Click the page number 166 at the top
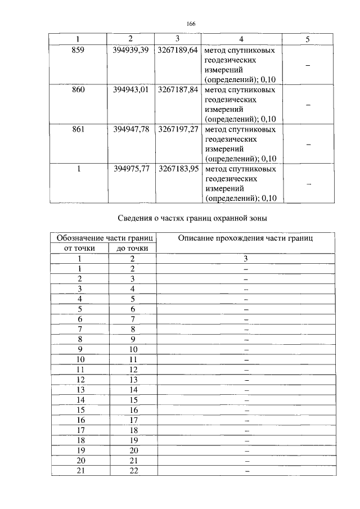pyautogui.click(x=190, y=24)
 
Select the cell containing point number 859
pyautogui.click(x=78, y=50)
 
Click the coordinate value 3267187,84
pyautogui.click(x=177, y=89)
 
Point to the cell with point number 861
pyautogui.click(x=78, y=129)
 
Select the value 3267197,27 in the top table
pyautogui.click(x=177, y=129)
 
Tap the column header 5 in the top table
pyautogui.click(x=308, y=39)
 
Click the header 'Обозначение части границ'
pyautogui.click(x=104, y=238)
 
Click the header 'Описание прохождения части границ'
pyautogui.click(x=245, y=238)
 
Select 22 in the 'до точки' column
pyautogui.click(x=133, y=471)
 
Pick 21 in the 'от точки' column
pyautogui.click(x=80, y=471)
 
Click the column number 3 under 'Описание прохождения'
pyautogui.click(x=246, y=258)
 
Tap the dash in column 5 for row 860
pyautogui.click(x=308, y=105)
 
